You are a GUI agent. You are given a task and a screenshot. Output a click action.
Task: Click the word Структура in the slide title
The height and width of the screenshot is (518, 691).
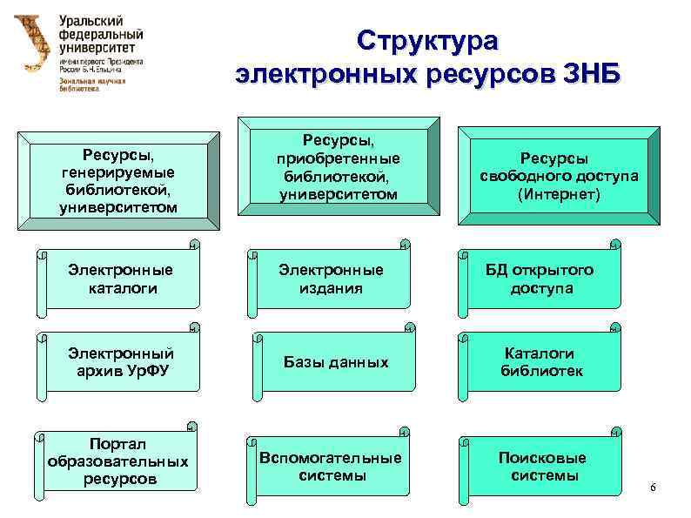tap(427, 41)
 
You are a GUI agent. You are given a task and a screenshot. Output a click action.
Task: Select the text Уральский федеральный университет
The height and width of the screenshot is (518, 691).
tap(101, 36)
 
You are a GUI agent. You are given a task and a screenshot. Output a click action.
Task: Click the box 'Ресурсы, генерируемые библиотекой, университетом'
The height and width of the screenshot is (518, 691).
tap(120, 181)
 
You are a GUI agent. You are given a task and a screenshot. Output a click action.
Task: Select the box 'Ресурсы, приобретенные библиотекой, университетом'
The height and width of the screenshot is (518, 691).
tap(338, 167)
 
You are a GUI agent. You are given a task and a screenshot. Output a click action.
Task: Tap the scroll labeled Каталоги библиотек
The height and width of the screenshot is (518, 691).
tap(540, 361)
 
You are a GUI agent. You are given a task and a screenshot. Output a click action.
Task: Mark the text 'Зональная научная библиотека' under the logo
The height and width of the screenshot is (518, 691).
tap(92, 84)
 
